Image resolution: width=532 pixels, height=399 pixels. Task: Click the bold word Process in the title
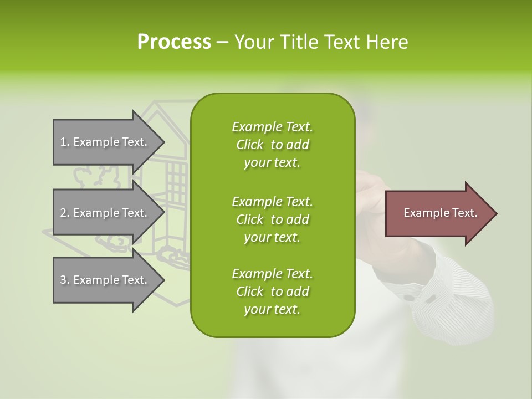tap(174, 42)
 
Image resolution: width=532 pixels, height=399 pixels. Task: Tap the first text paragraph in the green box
tap(272, 145)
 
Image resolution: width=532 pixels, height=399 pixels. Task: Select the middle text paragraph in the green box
tap(272, 219)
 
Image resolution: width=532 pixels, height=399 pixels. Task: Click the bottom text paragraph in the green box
tap(272, 291)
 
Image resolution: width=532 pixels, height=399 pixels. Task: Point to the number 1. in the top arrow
tap(64, 142)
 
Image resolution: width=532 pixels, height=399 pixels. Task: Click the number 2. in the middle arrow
tap(64, 213)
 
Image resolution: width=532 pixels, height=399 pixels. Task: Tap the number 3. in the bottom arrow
tap(64, 280)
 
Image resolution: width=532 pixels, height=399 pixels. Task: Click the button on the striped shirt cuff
tap(409, 298)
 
